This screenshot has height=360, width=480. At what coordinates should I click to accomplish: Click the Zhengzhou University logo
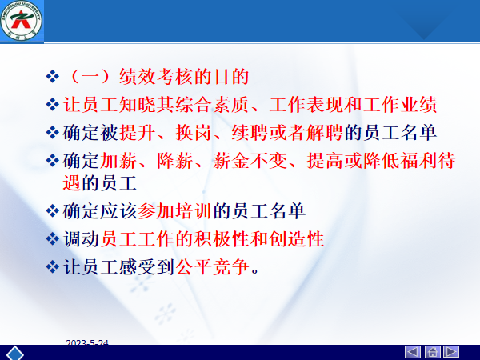[x=21, y=21]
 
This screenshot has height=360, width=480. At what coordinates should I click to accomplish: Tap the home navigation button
[x=432, y=352]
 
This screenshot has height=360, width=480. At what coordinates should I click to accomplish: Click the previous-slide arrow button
[x=413, y=352]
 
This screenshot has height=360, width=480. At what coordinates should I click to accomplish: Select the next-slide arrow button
[x=451, y=352]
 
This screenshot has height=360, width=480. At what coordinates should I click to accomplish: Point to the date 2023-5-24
[x=87, y=342]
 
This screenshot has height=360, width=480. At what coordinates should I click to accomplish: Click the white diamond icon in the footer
[x=15, y=354]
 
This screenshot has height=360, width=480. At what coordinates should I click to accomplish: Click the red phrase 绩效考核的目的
[x=184, y=77]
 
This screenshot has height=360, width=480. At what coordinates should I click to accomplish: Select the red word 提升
[x=138, y=133]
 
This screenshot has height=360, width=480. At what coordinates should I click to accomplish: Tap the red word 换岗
[x=194, y=133]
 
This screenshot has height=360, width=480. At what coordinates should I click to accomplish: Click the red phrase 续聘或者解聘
[x=287, y=133]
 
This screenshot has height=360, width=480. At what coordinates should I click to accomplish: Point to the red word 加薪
[x=118, y=161]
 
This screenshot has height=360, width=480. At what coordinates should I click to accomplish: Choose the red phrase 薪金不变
[x=250, y=161]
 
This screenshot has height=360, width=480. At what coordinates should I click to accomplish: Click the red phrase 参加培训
[x=174, y=211]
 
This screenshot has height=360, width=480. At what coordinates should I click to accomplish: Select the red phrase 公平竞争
[x=212, y=266]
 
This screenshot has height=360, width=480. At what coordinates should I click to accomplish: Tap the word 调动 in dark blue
[x=81, y=238]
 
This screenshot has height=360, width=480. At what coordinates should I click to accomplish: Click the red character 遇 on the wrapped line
[x=72, y=183]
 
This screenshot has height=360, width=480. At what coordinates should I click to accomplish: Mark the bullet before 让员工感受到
[x=52, y=266]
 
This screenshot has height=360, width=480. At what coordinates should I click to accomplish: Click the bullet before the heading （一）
[x=52, y=77]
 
